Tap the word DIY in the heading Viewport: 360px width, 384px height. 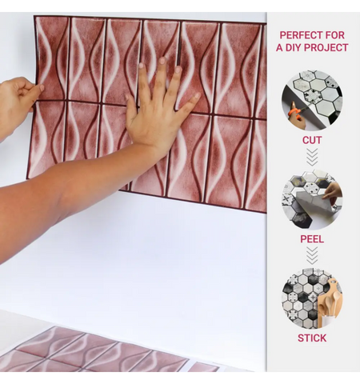[x=298, y=48]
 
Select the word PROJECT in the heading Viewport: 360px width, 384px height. [x=330, y=48]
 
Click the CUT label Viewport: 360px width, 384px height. [x=312, y=140]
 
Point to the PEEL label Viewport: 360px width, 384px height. [x=312, y=238]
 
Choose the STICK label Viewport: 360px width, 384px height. [x=312, y=338]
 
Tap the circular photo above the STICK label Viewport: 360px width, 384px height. [x=312, y=298]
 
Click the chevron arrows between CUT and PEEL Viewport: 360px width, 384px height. [x=312, y=157]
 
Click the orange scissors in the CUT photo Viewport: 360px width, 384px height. [x=295, y=116]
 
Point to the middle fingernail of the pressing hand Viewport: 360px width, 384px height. [x=161, y=62]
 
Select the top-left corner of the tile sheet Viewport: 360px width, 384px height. [x=36, y=18]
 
